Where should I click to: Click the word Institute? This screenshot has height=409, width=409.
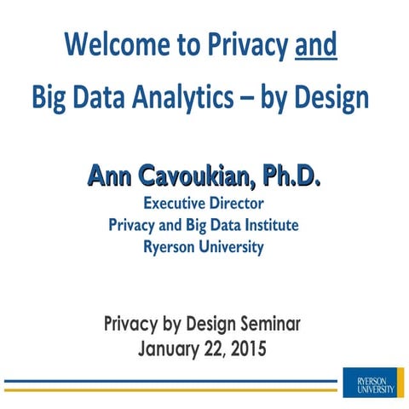(272, 226)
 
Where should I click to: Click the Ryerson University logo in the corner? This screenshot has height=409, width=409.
(369, 380)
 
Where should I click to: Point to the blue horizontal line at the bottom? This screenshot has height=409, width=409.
(170, 381)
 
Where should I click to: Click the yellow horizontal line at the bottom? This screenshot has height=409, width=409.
(170, 389)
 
